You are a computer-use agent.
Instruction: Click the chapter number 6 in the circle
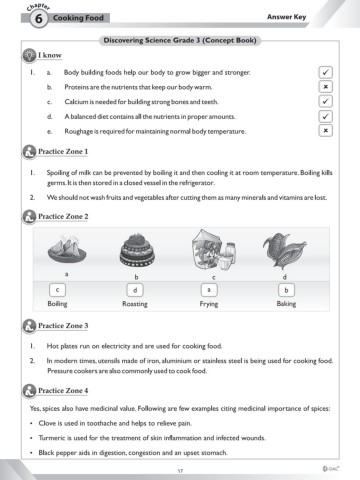pos(39,18)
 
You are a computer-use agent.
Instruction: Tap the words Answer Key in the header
pos(286,17)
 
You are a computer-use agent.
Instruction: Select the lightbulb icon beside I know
pos(29,55)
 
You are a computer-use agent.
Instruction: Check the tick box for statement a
pos(325,72)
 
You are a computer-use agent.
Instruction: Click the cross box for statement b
pos(325,87)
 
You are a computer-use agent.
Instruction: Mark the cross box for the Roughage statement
pos(325,130)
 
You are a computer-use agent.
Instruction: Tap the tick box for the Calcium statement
pos(325,101)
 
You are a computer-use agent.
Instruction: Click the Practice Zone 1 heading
pos(63,151)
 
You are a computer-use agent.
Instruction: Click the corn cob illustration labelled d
pos(284,250)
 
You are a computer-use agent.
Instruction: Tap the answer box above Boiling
pos(57,290)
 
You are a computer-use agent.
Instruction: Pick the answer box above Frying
pos(209,290)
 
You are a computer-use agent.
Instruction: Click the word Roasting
pos(135,304)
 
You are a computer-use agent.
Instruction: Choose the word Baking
pos(286,304)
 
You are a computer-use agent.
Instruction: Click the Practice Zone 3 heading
pos(63,326)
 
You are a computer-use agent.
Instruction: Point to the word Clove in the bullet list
pos(46,423)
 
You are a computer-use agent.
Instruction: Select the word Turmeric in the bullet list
pos(50,438)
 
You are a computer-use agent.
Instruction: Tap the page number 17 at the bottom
pos(180,471)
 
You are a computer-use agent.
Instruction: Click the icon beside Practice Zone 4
pos(29,391)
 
